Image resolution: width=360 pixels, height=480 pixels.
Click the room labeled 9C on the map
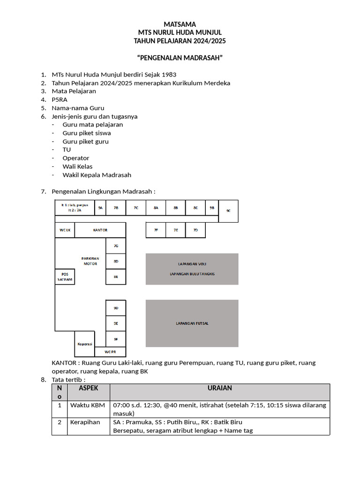[228, 210]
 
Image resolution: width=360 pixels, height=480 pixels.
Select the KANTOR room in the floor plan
[100, 230]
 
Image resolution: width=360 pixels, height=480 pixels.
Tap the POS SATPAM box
[65, 277]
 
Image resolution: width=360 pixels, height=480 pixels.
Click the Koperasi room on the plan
[85, 344]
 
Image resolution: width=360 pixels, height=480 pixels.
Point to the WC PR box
[110, 352]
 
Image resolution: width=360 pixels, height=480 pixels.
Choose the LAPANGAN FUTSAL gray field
[192, 323]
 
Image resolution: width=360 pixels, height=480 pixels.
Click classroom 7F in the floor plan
[156, 230]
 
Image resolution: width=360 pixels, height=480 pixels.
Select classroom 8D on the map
[116, 261]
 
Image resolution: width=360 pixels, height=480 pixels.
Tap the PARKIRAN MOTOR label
[90, 261]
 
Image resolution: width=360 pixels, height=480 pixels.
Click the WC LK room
[65, 230]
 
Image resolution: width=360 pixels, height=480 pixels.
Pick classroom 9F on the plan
[116, 338]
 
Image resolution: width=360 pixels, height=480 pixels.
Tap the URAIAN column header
[220, 388]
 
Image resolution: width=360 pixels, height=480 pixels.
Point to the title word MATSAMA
[180, 24]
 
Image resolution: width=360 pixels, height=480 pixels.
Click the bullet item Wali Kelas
[77, 166]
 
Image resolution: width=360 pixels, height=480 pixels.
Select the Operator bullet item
[75, 158]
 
